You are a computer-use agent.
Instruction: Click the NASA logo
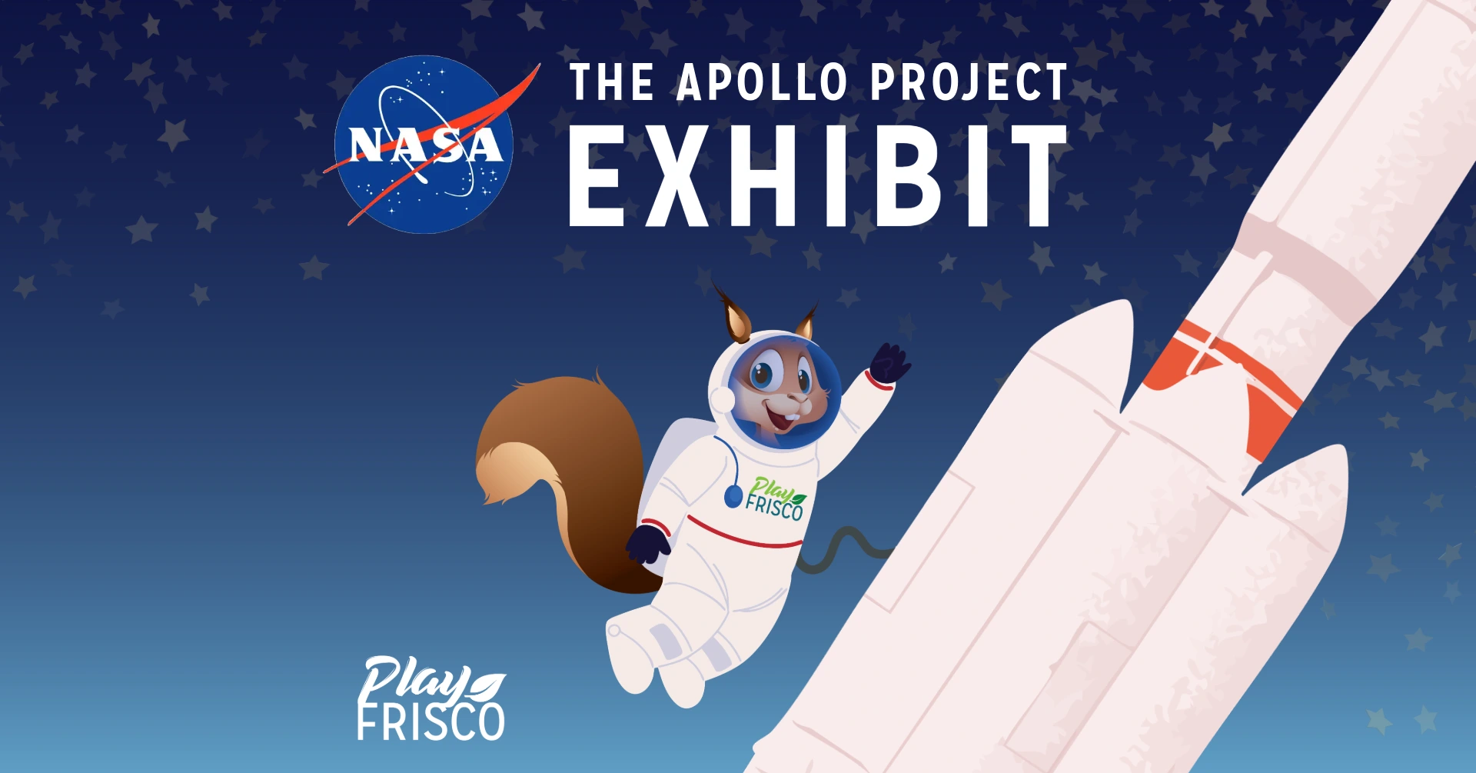424,145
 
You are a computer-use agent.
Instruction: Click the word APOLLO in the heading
761,82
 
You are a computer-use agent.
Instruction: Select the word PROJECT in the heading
969,82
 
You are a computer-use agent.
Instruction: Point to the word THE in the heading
611,82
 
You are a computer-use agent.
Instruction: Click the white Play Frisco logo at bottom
430,700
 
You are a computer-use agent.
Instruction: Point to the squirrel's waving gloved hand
890,362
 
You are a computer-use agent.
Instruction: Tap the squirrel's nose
799,401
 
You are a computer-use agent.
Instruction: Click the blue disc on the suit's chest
733,497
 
